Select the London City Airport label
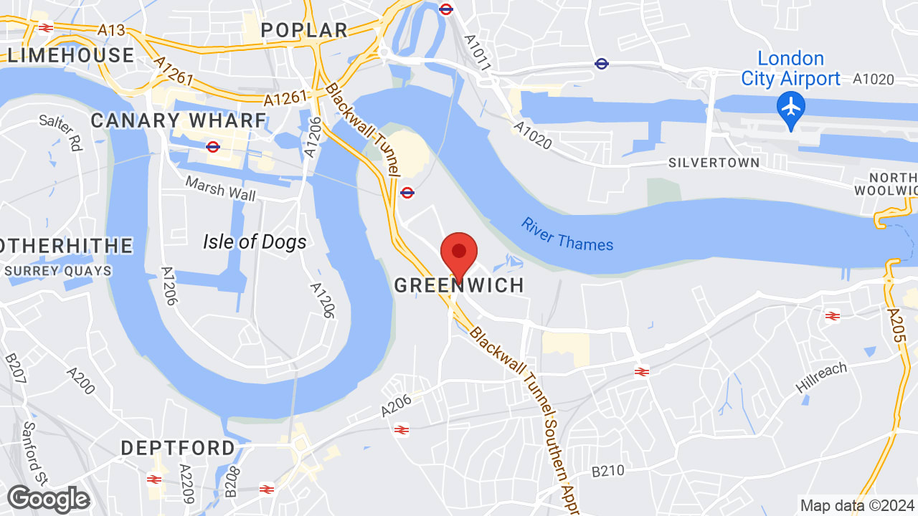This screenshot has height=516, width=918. click(790, 68)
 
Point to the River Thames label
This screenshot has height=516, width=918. click(567, 234)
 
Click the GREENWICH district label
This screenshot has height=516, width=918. click(459, 285)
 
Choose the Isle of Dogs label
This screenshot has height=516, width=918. click(255, 242)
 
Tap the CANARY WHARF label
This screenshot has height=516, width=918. click(179, 120)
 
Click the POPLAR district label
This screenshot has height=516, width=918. click(304, 30)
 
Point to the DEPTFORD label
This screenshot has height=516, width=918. click(178, 449)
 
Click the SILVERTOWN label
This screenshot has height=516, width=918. click(714, 163)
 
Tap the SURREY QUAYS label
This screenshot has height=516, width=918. click(58, 271)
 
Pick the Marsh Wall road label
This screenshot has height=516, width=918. click(220, 187)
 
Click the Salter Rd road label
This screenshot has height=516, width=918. click(62, 132)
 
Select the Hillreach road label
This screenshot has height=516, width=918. click(821, 378)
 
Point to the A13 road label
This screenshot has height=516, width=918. click(112, 29)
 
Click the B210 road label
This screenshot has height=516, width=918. click(608, 472)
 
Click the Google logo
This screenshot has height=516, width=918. click(48, 499)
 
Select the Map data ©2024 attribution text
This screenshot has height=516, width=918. click(858, 505)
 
